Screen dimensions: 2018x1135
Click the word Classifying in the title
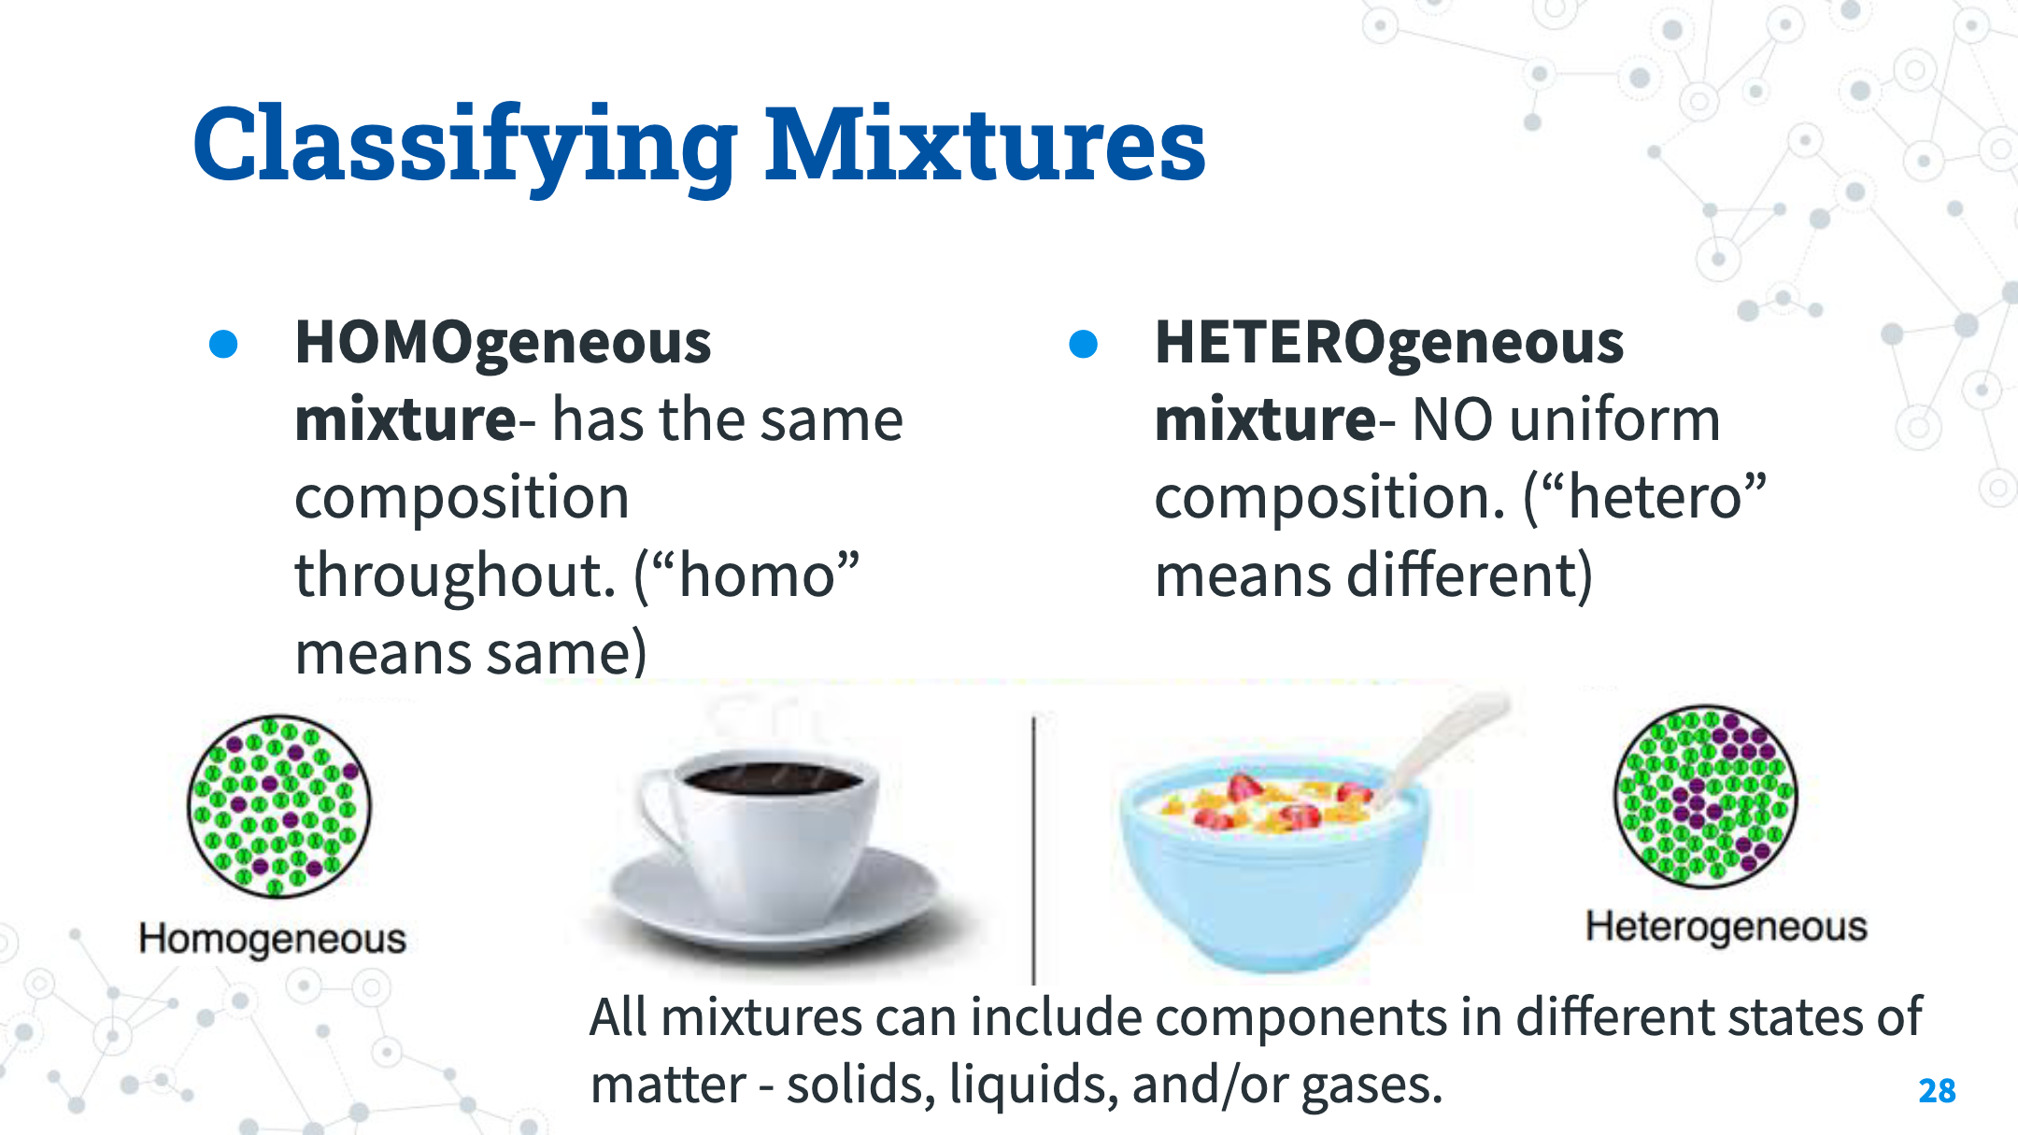point(465,147)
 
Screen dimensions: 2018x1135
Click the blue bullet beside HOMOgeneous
point(223,344)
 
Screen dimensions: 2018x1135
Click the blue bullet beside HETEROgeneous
point(1083,344)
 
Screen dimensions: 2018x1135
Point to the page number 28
point(1937,1090)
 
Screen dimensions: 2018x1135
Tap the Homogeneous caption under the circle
point(272,939)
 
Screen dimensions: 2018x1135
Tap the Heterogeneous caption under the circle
point(1726,927)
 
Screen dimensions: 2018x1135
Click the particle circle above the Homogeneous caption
point(279,806)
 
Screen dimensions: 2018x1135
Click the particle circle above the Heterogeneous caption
point(1706,796)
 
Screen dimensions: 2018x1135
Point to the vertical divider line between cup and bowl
point(1033,850)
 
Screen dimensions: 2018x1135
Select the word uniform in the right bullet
point(1614,419)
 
